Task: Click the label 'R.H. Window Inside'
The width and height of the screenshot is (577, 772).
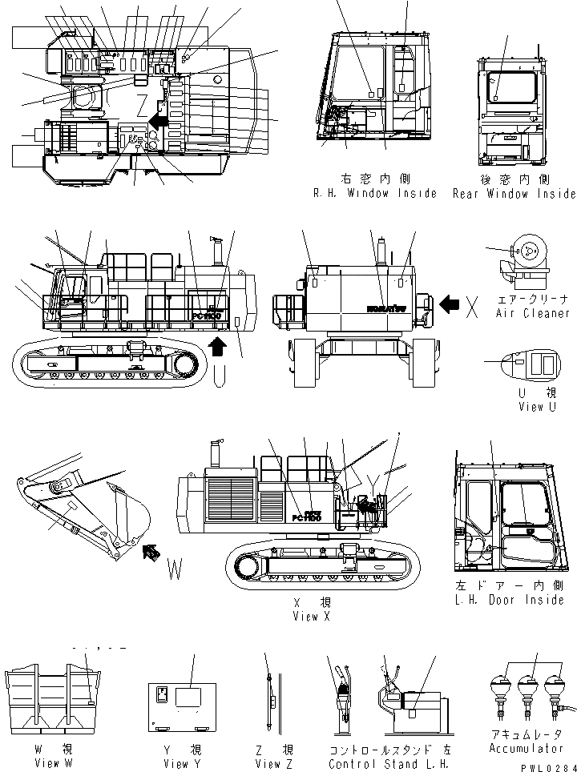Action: tap(375, 193)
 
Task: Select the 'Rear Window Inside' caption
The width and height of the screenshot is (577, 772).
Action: tap(514, 193)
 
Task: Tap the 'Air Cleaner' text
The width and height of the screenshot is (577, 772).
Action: tap(533, 313)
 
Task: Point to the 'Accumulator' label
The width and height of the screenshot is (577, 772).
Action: tap(526, 748)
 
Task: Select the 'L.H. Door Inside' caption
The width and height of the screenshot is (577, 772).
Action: tap(509, 600)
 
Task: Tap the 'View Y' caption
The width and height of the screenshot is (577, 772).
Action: tap(176, 763)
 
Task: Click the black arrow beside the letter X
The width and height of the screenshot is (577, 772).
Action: tap(449, 304)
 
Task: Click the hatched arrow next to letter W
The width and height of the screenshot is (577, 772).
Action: tap(150, 551)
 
